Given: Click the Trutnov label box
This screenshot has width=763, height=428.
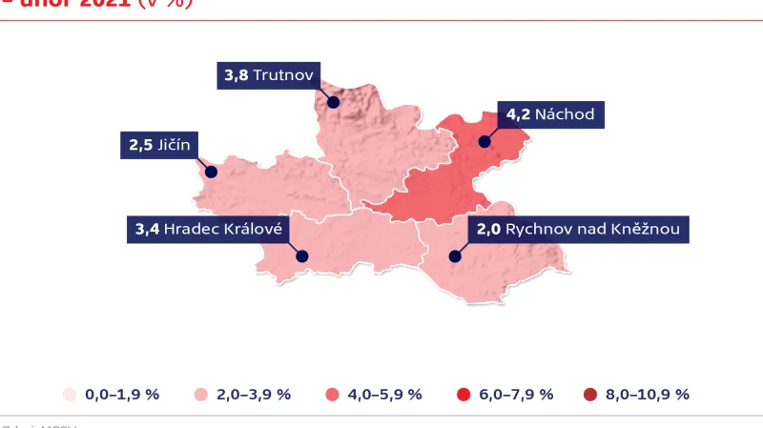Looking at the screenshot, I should tap(269, 74).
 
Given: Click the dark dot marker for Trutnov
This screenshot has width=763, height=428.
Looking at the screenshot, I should tap(333, 102).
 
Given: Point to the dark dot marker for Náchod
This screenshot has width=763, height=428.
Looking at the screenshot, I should tap(485, 142).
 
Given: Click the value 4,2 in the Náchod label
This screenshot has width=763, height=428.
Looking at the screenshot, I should tap(518, 114).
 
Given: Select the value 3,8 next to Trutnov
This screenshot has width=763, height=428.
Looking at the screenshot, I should tap(236, 74).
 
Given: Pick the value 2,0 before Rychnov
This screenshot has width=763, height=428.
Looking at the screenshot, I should tap(488, 229).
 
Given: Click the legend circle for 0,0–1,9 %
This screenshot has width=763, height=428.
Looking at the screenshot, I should tap(69, 395).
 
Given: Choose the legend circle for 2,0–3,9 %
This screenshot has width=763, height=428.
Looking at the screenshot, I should tap(201, 395).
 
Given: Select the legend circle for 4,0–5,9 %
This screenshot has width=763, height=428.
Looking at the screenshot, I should tap(333, 395).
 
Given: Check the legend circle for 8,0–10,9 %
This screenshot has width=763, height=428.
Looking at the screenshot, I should tap(588, 395).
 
